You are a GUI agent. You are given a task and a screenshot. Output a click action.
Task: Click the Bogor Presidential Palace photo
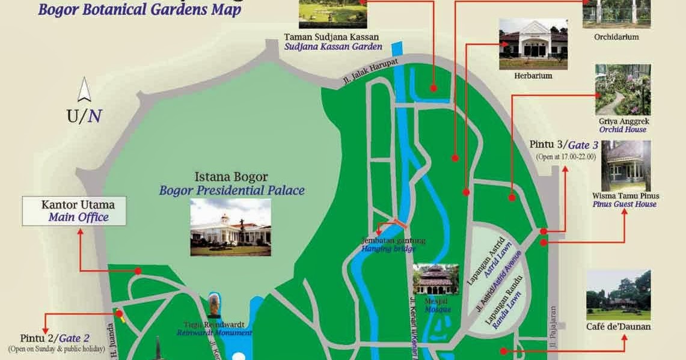click(x=230, y=227)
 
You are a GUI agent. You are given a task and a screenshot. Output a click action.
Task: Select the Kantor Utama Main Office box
click(x=75, y=210)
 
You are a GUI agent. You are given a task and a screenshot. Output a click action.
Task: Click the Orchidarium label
click(x=616, y=37)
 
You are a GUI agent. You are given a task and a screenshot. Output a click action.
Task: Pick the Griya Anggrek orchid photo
click(x=622, y=90)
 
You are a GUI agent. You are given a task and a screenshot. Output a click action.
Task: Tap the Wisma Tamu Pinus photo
click(x=625, y=166)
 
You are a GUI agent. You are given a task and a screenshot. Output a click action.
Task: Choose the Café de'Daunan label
click(x=618, y=327)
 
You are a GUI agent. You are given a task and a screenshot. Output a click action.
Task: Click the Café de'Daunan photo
click(x=618, y=294)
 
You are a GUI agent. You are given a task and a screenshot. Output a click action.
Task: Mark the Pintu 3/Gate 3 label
click(x=563, y=145)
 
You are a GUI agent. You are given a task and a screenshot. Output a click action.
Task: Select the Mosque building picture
click(x=435, y=279)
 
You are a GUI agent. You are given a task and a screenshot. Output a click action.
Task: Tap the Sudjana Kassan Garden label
click(x=333, y=46)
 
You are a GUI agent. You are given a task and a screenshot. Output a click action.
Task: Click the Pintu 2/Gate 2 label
click(x=55, y=337)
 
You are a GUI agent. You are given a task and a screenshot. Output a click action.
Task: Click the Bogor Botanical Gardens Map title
click(x=139, y=10)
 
